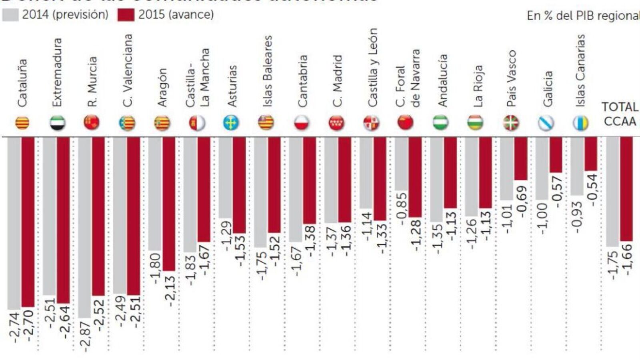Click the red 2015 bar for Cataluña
pos(28,222)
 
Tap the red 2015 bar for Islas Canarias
pos(591,154)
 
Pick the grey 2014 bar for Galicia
pos(542,168)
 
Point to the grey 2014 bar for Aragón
pos(155,194)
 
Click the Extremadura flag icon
pos(58,123)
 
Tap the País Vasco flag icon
pos(510,123)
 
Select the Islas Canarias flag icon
pos(580,123)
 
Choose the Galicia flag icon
pos(546,123)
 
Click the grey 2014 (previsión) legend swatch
pos(10,15)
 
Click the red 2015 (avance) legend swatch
pos(126,15)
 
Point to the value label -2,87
pos(86,336)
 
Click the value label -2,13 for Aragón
pos(170,291)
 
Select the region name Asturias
pos(232,86)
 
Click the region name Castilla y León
pos(372,68)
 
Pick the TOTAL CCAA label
pos(620,114)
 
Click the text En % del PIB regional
pos(583,16)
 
